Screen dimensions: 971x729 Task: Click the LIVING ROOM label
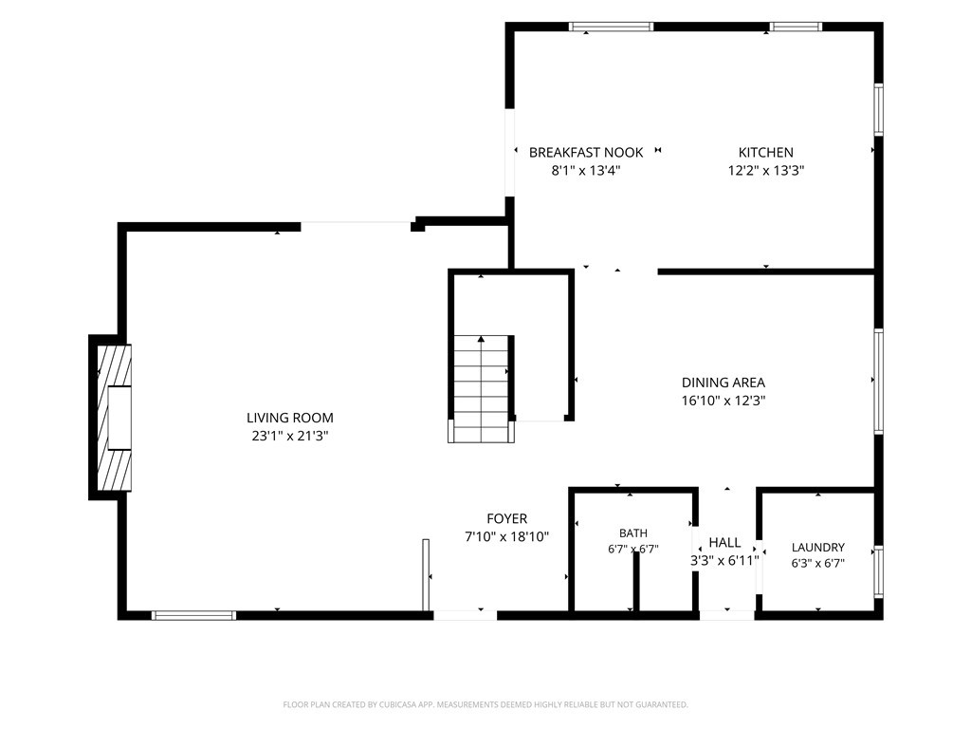[290, 418]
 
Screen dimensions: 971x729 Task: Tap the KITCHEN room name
[765, 153]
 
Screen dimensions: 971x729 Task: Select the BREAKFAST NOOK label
[586, 153]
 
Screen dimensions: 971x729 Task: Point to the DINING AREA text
[724, 383]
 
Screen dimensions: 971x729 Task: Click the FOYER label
[506, 519]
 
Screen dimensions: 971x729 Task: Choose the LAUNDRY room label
[818, 548]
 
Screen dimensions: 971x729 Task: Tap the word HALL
[724, 542]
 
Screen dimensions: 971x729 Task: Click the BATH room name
[632, 533]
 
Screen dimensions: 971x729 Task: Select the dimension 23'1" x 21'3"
[290, 436]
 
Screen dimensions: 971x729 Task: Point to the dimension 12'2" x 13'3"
[765, 171]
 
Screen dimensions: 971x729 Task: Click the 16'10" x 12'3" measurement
[724, 401]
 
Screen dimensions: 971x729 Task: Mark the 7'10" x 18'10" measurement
[506, 537]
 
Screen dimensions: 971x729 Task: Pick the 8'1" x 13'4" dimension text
[586, 171]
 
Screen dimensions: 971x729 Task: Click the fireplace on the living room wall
[115, 418]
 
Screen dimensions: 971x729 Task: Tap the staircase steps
[481, 388]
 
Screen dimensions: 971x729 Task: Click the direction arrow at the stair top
[481, 339]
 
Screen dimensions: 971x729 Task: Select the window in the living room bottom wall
[193, 615]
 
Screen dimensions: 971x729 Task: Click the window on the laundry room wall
[879, 570]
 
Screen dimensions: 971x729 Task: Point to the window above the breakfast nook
[612, 27]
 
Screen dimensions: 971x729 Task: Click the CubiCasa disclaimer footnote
[485, 705]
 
